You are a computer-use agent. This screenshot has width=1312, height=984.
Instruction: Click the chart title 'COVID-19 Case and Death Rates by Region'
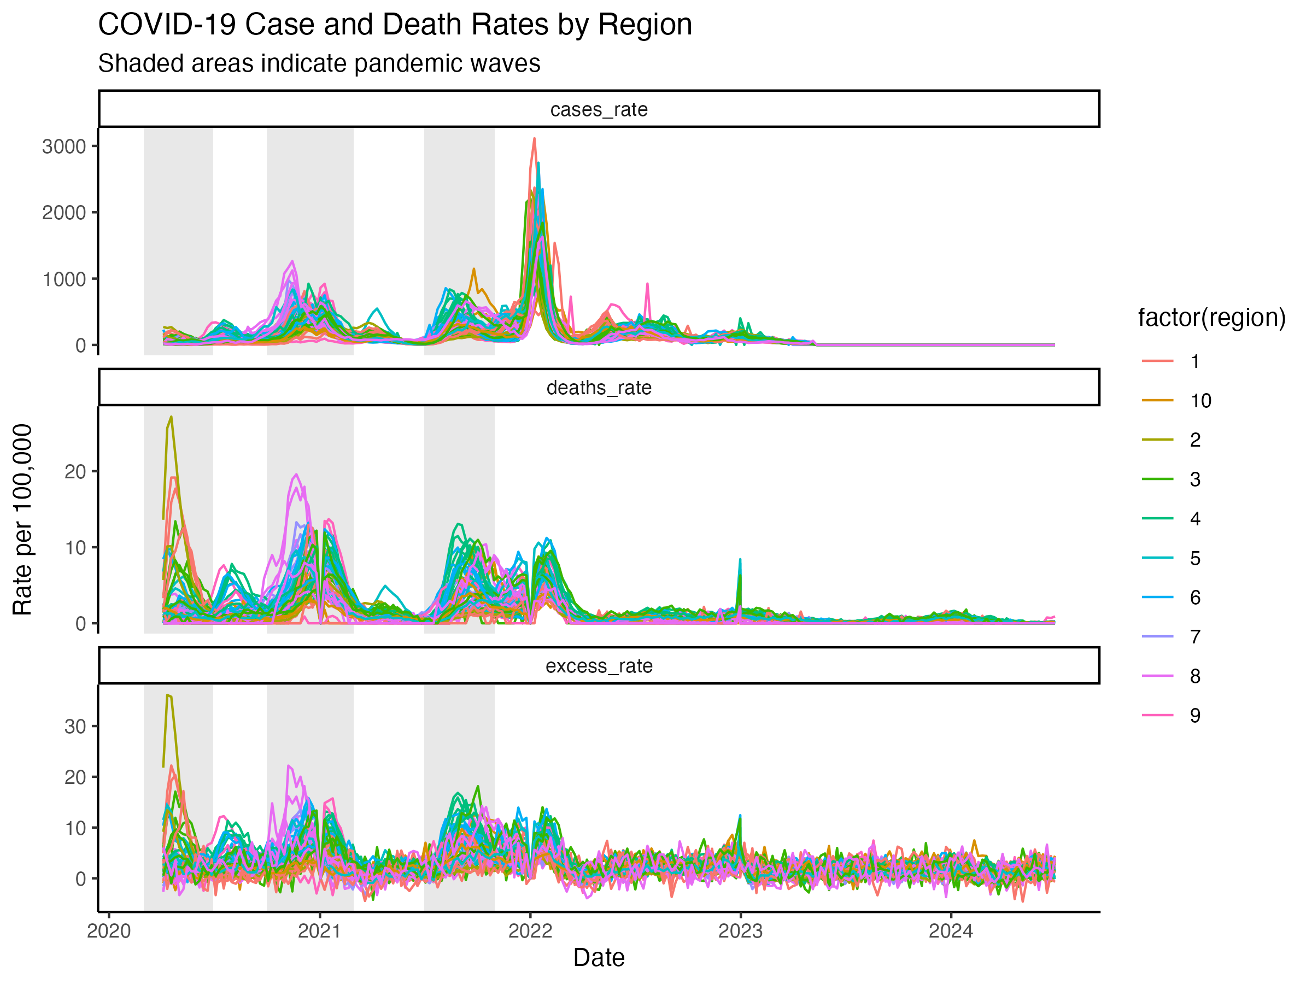[x=395, y=25]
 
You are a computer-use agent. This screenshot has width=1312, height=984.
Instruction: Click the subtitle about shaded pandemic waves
[x=319, y=63]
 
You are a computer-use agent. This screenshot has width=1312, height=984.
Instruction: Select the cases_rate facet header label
[x=599, y=110]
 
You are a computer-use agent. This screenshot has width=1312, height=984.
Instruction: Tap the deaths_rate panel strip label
[x=599, y=388]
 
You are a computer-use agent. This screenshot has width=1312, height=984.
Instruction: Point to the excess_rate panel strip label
[x=599, y=666]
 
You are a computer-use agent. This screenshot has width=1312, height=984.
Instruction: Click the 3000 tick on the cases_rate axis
[x=64, y=147]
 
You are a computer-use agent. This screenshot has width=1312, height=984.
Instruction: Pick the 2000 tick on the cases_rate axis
[x=64, y=213]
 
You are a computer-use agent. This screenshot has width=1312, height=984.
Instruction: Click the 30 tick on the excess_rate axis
[x=75, y=727]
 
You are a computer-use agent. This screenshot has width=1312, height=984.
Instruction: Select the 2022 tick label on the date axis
[x=530, y=931]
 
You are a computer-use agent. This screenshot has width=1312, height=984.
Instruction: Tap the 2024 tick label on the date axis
[x=951, y=931]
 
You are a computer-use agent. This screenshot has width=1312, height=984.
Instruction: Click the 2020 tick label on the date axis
[x=109, y=931]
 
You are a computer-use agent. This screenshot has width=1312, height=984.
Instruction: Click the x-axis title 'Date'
[x=599, y=958]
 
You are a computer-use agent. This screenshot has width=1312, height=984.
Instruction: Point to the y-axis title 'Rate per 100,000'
[x=22, y=519]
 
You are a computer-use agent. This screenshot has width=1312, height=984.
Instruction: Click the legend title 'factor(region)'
[x=1211, y=318]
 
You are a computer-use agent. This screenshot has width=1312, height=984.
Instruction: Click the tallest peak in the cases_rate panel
[x=535, y=139]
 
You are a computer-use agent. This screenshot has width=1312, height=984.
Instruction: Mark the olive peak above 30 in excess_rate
[x=168, y=695]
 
